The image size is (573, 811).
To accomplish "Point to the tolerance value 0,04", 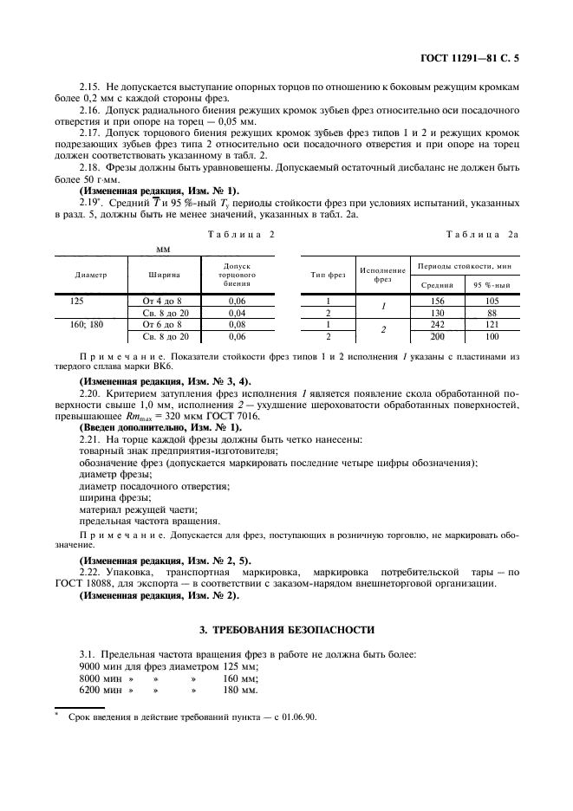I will (237, 311).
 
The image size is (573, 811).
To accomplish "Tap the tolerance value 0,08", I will (237, 323).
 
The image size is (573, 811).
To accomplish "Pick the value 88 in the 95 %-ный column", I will (492, 311).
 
